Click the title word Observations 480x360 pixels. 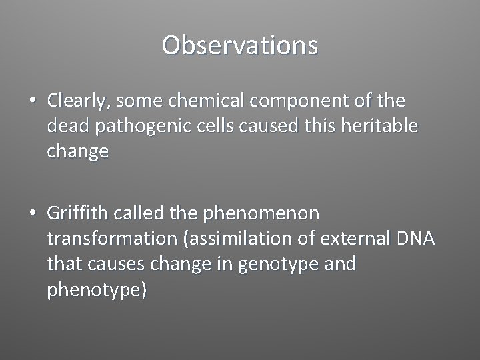click(240, 45)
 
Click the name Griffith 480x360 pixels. click(77, 213)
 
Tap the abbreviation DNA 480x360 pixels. click(415, 239)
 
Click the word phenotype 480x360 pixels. click(94, 291)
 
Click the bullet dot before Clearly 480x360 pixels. click(33, 101)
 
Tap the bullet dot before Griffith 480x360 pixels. click(33, 214)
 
